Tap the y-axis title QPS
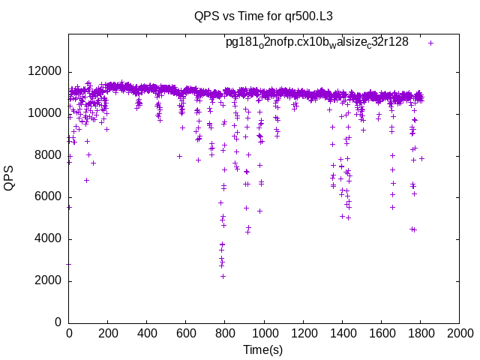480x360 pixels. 10,178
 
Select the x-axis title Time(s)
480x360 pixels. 263,349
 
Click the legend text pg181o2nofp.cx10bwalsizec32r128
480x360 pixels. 317,43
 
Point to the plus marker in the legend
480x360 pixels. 431,43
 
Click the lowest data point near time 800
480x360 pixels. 223,276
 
